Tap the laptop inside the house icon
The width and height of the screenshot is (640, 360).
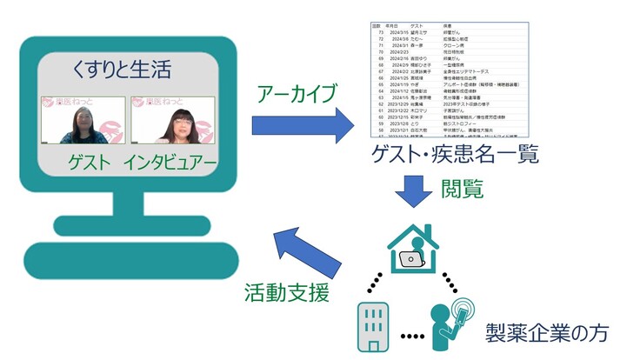point(410,257)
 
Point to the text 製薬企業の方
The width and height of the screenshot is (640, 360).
point(550,332)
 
